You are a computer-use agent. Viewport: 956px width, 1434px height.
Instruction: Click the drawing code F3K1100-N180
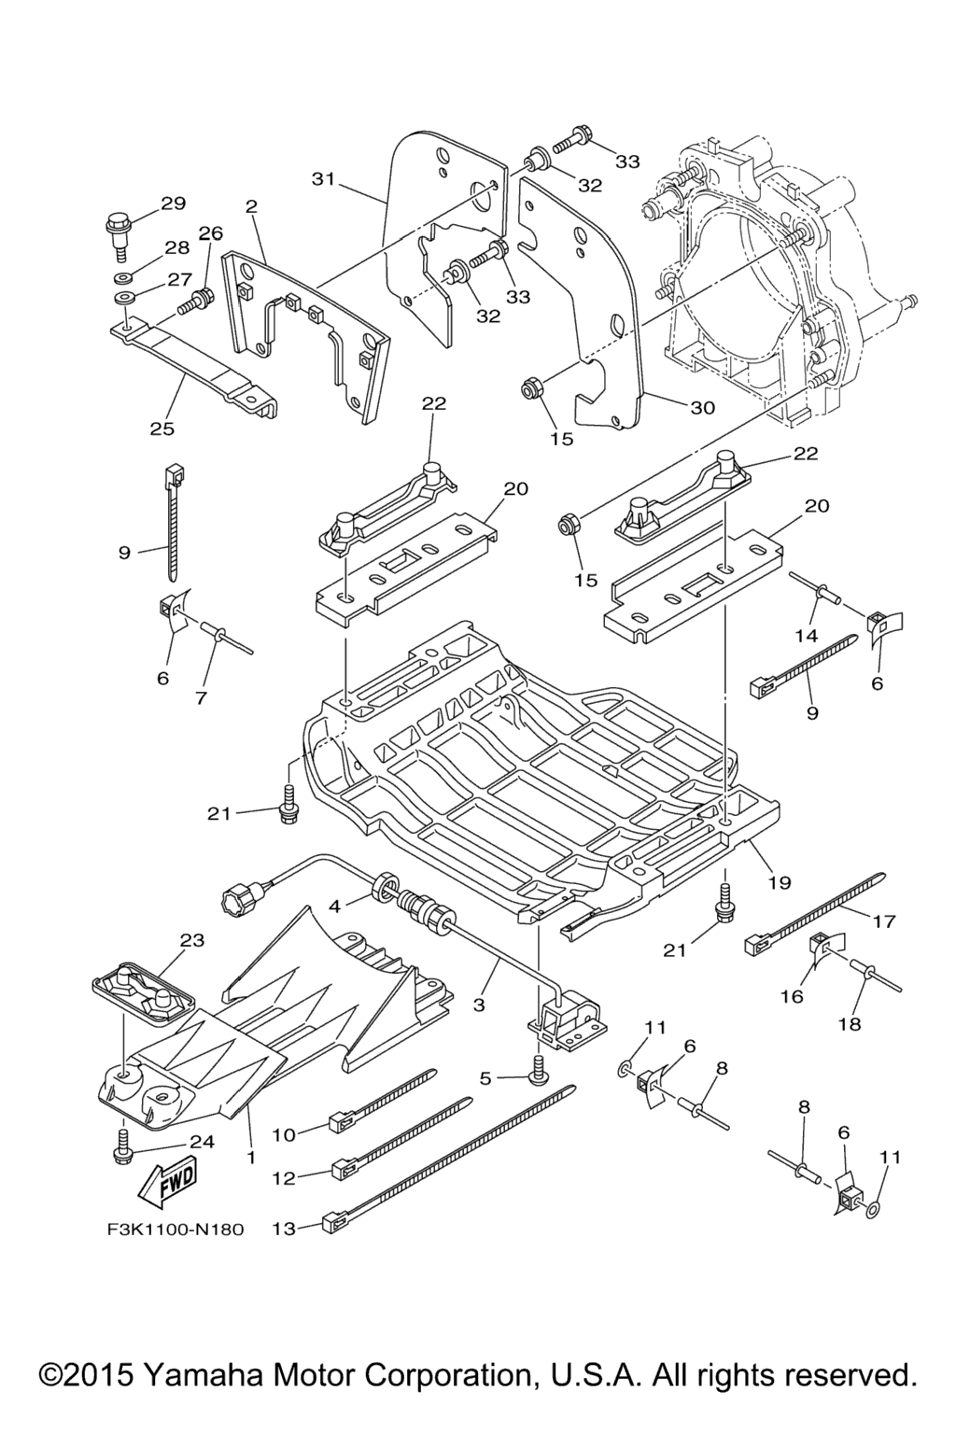(x=175, y=1229)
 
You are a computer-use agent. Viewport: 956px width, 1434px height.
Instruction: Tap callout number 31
(x=323, y=178)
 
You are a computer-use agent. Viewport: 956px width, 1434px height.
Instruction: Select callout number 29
(x=174, y=203)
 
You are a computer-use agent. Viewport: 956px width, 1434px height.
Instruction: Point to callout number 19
(x=780, y=880)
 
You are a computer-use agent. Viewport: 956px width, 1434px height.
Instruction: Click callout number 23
(x=192, y=940)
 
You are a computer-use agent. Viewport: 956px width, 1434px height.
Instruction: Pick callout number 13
(x=283, y=1229)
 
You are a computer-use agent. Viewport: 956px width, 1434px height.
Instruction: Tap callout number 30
(x=702, y=407)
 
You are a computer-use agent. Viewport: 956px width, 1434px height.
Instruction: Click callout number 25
(x=162, y=429)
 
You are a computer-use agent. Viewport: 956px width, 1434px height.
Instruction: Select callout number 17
(x=883, y=921)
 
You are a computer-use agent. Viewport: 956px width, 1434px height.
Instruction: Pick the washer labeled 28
(x=122, y=278)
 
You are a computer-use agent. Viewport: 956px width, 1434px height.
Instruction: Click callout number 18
(x=849, y=1023)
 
